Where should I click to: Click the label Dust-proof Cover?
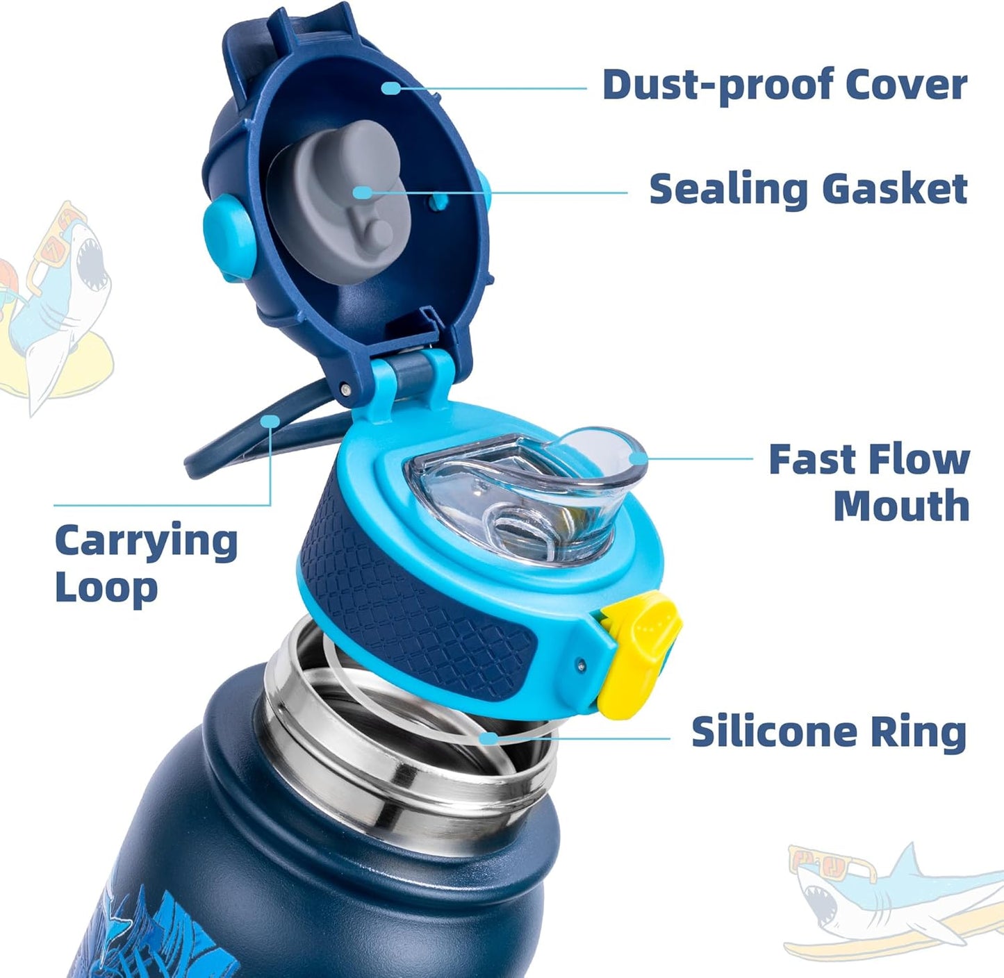click(x=784, y=85)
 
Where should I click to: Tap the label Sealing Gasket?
click(x=808, y=190)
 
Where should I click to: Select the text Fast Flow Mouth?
click(x=869, y=483)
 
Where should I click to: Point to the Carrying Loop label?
click(x=146, y=564)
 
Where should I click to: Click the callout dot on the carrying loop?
click(x=270, y=421)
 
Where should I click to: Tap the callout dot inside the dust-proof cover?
click(x=391, y=88)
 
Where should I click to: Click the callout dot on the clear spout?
click(x=639, y=458)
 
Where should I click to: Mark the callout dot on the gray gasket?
click(x=363, y=192)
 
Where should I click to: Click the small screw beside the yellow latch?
click(x=582, y=665)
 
